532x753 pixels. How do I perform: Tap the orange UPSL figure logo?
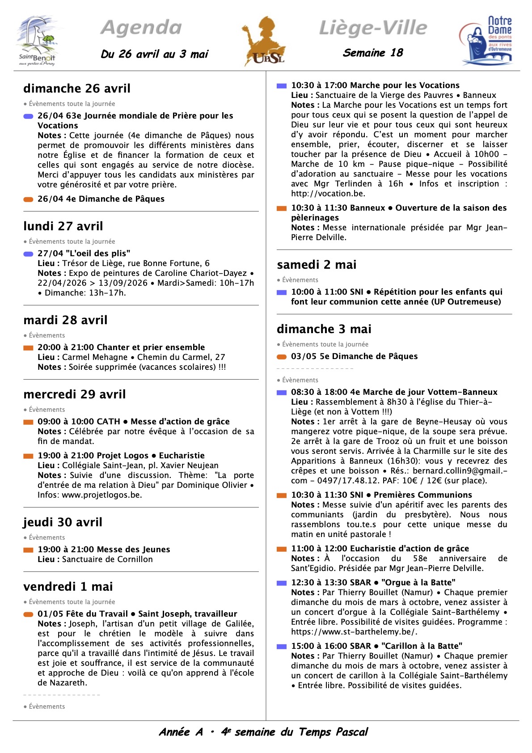(265, 42)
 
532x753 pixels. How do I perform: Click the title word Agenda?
(141, 28)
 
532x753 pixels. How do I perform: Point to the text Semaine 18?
(373, 53)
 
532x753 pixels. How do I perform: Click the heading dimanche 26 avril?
(77, 88)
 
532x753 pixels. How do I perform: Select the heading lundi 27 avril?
(63, 226)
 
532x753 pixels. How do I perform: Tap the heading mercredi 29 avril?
(75, 394)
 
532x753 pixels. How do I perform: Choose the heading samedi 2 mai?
(317, 264)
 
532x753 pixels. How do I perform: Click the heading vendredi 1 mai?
(68, 586)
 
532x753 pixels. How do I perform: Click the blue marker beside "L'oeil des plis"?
(28, 254)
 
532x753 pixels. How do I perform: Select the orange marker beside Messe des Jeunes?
(28, 550)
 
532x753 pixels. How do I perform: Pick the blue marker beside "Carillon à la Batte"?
(282, 646)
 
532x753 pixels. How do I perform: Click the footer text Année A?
(181, 732)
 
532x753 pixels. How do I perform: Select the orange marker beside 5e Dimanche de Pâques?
(282, 356)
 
